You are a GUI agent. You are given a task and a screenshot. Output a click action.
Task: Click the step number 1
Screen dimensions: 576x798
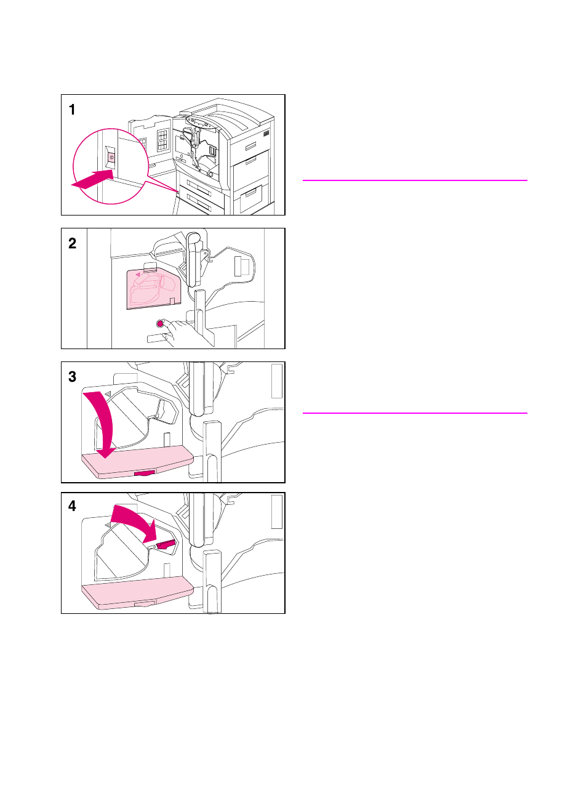tap(72, 110)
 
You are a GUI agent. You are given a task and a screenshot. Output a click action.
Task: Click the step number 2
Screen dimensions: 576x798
tap(72, 243)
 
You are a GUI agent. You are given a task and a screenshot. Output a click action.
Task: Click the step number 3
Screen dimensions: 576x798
tap(72, 377)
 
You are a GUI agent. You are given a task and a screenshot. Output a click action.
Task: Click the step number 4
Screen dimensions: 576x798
tap(72, 506)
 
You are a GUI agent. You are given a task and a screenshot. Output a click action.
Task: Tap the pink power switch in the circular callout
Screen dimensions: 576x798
tap(111, 157)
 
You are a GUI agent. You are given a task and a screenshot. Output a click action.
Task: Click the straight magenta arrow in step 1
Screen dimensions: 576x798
tap(92, 179)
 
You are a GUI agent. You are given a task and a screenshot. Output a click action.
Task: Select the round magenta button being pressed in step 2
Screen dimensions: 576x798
tap(160, 323)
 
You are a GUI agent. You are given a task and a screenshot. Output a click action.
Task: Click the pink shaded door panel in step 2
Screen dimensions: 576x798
tap(154, 289)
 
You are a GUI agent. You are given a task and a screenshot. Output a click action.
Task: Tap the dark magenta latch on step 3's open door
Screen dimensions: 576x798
tap(145, 473)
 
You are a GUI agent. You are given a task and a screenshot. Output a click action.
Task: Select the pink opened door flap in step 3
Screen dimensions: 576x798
tap(137, 461)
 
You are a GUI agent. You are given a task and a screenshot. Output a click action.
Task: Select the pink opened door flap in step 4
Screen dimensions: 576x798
tap(137, 593)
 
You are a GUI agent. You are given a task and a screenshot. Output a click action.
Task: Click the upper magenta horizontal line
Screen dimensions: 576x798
tap(415, 180)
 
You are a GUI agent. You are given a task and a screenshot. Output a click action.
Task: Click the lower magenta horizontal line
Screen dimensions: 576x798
tap(415, 413)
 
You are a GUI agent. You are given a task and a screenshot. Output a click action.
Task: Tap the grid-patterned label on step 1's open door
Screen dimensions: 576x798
tap(162, 140)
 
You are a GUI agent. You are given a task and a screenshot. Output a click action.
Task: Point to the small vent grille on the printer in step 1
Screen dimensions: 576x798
tap(266, 133)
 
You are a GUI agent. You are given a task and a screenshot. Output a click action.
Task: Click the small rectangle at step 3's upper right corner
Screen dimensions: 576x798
tap(276, 381)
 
